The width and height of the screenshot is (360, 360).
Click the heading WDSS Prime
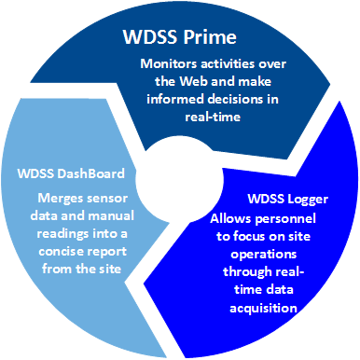(x=180, y=37)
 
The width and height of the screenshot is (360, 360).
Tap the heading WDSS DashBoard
(x=71, y=173)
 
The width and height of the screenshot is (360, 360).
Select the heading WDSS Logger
(x=288, y=200)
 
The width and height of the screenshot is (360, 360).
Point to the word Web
(x=194, y=81)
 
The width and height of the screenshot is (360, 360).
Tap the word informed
(x=175, y=99)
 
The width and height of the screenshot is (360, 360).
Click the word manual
(x=113, y=215)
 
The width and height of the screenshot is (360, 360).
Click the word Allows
(x=230, y=218)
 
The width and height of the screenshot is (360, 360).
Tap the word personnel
(x=285, y=219)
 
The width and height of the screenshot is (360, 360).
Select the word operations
(x=264, y=255)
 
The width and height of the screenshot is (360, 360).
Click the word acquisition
(x=263, y=309)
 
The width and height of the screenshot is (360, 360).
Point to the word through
(x=247, y=272)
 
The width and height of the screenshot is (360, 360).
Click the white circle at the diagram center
(x=180, y=180)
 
